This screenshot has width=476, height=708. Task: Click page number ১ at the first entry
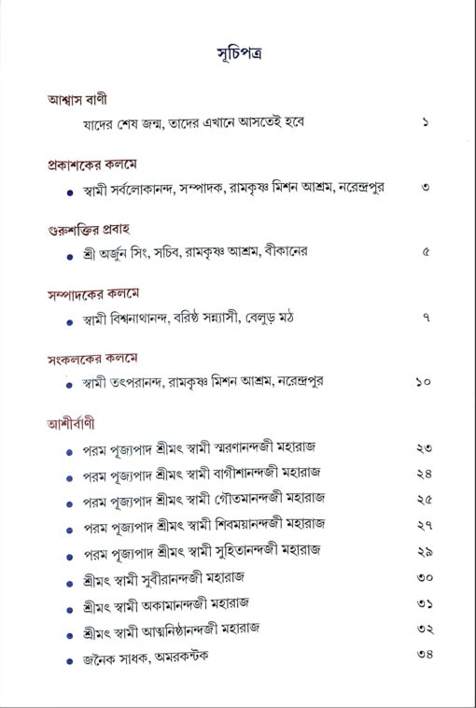[x=424, y=122]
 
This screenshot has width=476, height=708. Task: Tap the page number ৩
[x=424, y=187]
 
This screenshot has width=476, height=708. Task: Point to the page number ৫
[x=425, y=252]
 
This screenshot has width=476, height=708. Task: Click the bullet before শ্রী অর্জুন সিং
[x=72, y=253]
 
